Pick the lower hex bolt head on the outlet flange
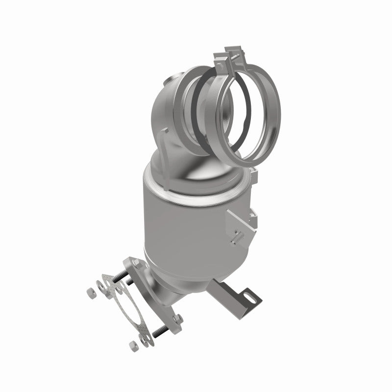(176, 319)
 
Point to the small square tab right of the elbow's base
(252, 172)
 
